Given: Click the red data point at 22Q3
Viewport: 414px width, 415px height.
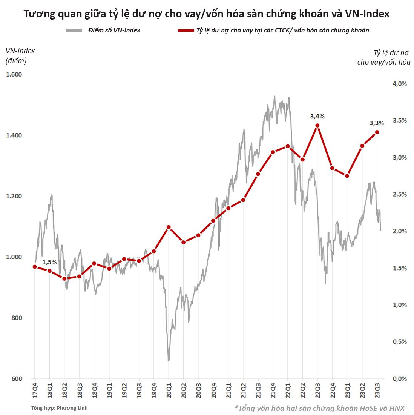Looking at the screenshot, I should (x=317, y=126).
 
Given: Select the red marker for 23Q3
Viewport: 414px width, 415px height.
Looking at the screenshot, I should (x=377, y=132).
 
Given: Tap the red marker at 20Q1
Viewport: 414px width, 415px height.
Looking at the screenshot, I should (x=169, y=227).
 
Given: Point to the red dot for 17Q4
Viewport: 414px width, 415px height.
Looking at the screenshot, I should (x=35, y=267).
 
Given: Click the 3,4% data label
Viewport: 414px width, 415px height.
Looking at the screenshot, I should (x=317, y=117).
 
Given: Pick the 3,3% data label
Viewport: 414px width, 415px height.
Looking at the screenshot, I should (x=377, y=123).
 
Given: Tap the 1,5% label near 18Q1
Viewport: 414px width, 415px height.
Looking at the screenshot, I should (x=49, y=262).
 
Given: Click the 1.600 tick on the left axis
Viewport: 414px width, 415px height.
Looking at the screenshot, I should (x=14, y=74).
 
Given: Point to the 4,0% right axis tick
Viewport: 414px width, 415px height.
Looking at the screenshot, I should (x=400, y=84).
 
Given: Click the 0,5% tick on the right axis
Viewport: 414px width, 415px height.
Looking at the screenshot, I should (x=400, y=341).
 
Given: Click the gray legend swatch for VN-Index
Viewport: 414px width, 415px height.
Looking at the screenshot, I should (x=74, y=30).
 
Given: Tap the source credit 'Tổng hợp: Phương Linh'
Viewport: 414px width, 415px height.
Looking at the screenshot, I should (x=60, y=408).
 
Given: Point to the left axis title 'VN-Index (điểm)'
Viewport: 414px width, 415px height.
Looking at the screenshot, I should (x=20, y=55).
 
